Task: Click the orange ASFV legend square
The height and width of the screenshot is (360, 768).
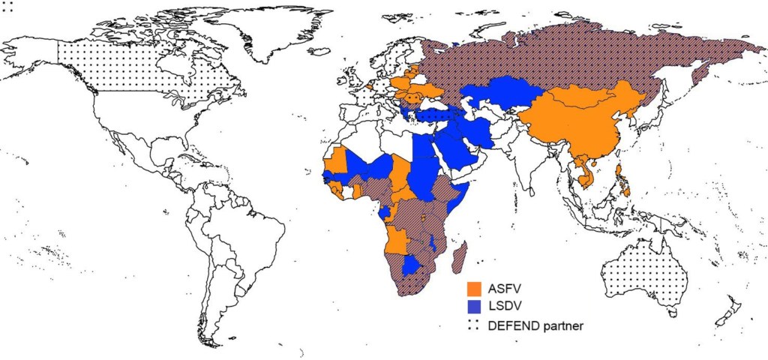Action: tap(474, 289)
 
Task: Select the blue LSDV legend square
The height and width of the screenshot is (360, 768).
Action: tap(474, 307)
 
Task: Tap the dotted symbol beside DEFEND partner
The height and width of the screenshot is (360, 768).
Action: tap(474, 325)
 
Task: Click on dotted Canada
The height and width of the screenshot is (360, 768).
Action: tap(127, 67)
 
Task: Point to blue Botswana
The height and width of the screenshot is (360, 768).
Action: tap(411, 266)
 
